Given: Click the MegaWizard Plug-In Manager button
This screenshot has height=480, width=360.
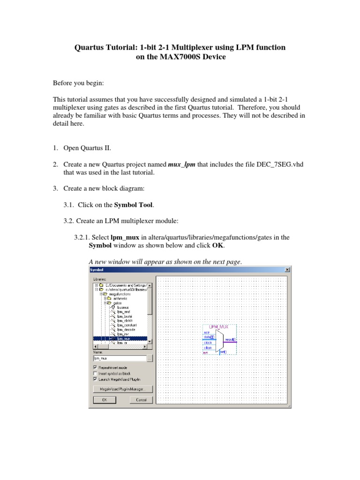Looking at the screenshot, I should point(122,389).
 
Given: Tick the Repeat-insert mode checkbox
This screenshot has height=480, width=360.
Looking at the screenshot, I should point(96,367).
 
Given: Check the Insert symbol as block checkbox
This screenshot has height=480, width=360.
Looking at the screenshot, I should point(96,373).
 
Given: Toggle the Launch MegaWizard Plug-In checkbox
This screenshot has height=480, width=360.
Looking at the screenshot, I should point(96,379).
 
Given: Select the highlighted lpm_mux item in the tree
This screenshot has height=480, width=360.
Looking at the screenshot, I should point(124,338).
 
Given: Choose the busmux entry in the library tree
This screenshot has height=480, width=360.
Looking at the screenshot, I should point(123,307).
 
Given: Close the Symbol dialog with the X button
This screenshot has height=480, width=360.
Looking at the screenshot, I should point(287,270).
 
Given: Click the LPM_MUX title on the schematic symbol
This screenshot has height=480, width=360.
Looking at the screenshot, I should point(219,327).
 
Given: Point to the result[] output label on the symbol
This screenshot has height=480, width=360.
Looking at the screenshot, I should point(230,339).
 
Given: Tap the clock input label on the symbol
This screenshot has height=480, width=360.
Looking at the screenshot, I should point(208,343).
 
